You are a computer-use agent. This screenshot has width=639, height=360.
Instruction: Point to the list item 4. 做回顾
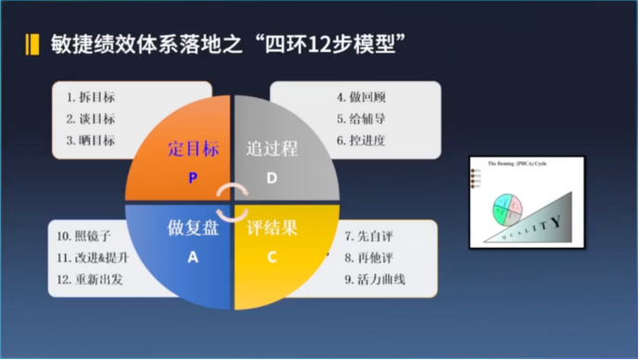pyautogui.click(x=360, y=96)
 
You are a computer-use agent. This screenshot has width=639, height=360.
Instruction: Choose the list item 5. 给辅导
pyautogui.click(x=360, y=119)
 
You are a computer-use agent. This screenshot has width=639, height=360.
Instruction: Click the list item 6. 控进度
pyautogui.click(x=360, y=141)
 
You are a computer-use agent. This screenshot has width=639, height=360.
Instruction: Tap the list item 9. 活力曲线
pyautogui.click(x=375, y=279)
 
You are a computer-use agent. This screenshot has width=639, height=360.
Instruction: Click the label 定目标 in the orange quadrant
pyautogui.click(x=193, y=148)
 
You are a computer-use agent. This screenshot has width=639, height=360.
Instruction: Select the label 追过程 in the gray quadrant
pyautogui.click(x=272, y=148)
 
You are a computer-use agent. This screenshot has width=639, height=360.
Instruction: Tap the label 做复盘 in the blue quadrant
pyautogui.click(x=193, y=228)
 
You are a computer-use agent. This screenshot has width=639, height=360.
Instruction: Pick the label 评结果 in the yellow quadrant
pyautogui.click(x=272, y=228)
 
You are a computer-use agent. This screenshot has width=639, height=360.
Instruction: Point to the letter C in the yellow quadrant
pyautogui.click(x=272, y=258)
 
